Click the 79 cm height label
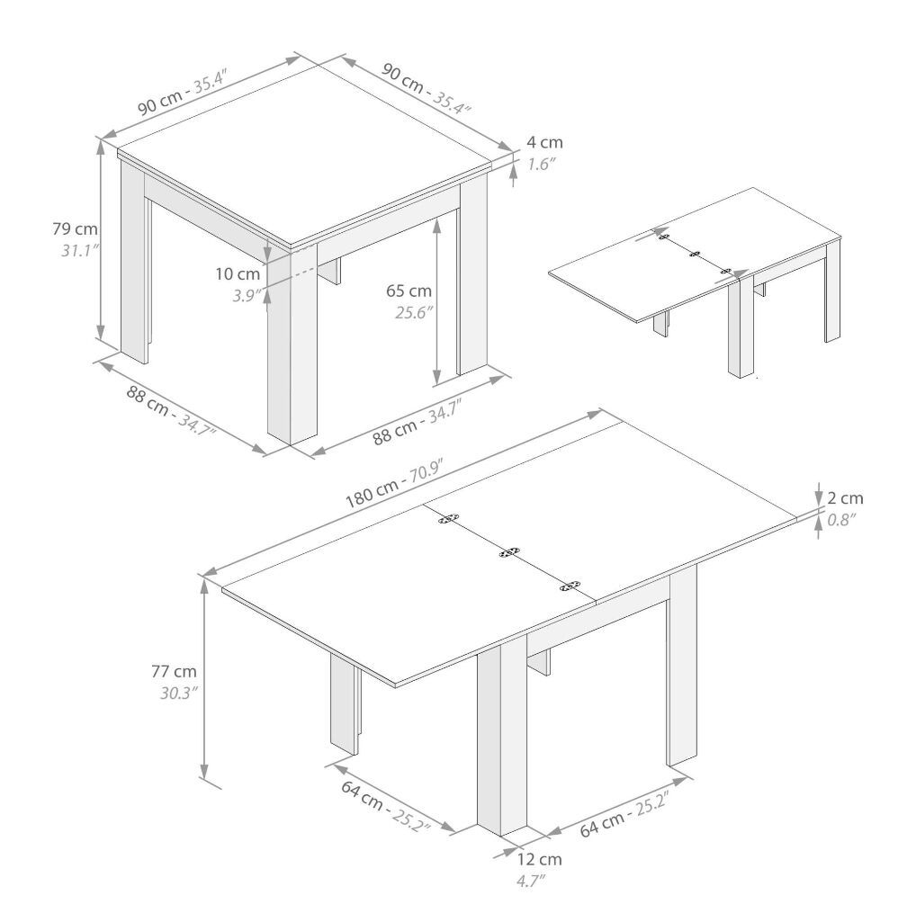[75, 228]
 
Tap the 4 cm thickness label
[544, 142]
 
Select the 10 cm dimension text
[238, 273]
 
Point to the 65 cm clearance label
[409, 291]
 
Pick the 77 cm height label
[175, 671]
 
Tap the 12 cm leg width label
[539, 859]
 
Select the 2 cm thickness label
[846, 498]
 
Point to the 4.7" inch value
[531, 881]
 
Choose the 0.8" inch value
[841, 520]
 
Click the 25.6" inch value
[414, 312]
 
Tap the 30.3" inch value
[179, 693]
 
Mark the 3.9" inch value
[247, 296]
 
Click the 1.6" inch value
[541, 165]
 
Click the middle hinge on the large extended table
[509, 552]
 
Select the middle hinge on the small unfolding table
[695, 255]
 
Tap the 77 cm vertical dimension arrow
[204, 679]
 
